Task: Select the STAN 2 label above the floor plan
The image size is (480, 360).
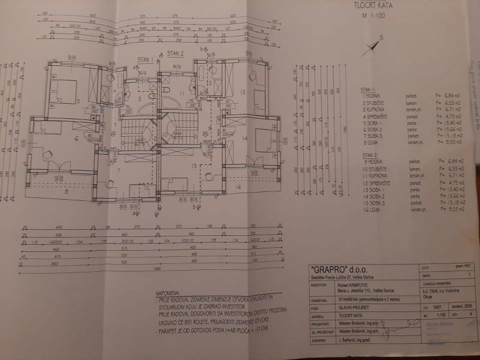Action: (x=175, y=53)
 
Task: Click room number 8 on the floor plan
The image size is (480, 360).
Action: (x=67, y=193)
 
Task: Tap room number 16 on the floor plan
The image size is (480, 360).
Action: (x=238, y=187)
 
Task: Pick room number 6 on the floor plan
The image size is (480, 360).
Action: (x=76, y=139)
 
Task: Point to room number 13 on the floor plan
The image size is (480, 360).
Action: (x=242, y=91)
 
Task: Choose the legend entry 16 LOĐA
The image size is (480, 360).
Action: (x=375, y=211)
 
